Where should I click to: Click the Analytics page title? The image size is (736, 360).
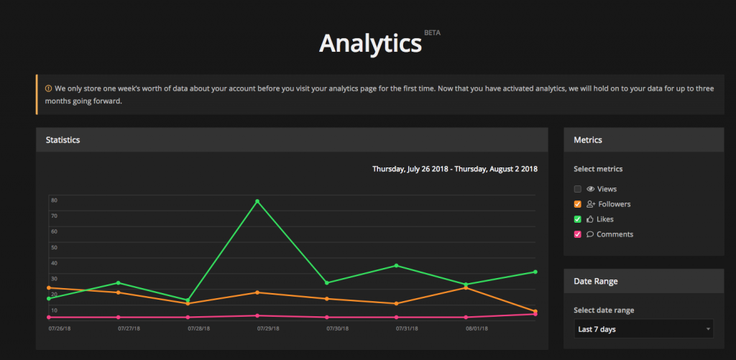pyautogui.click(x=370, y=43)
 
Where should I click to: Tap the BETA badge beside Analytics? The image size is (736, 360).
pyautogui.click(x=432, y=32)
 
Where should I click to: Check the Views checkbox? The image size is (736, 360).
pyautogui.click(x=578, y=189)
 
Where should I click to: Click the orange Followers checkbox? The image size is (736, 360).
pyautogui.click(x=578, y=204)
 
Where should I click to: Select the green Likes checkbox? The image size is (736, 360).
pyautogui.click(x=578, y=219)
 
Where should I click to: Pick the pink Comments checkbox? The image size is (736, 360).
pyautogui.click(x=578, y=234)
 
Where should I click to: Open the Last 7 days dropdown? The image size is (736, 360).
pyautogui.click(x=643, y=329)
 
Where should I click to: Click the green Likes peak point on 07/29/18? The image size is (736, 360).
pyautogui.click(x=257, y=201)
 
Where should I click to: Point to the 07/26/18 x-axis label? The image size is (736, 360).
pyautogui.click(x=60, y=328)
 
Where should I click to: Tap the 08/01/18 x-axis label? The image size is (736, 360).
pyautogui.click(x=477, y=328)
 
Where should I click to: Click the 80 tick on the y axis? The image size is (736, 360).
pyautogui.click(x=54, y=200)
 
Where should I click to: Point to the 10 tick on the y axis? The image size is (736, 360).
pyautogui.click(x=54, y=310)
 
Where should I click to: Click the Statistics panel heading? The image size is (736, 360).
pyautogui.click(x=63, y=139)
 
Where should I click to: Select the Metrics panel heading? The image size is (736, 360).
pyautogui.click(x=588, y=139)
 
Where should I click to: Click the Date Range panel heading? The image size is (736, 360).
pyautogui.click(x=596, y=281)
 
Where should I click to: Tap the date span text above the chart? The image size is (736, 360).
pyautogui.click(x=454, y=170)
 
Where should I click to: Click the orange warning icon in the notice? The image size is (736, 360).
pyautogui.click(x=49, y=88)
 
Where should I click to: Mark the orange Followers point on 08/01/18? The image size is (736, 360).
pyautogui.click(x=466, y=287)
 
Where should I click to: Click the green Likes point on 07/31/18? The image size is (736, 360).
pyautogui.click(x=397, y=266)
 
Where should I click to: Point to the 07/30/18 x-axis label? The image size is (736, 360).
pyautogui.click(x=338, y=328)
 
